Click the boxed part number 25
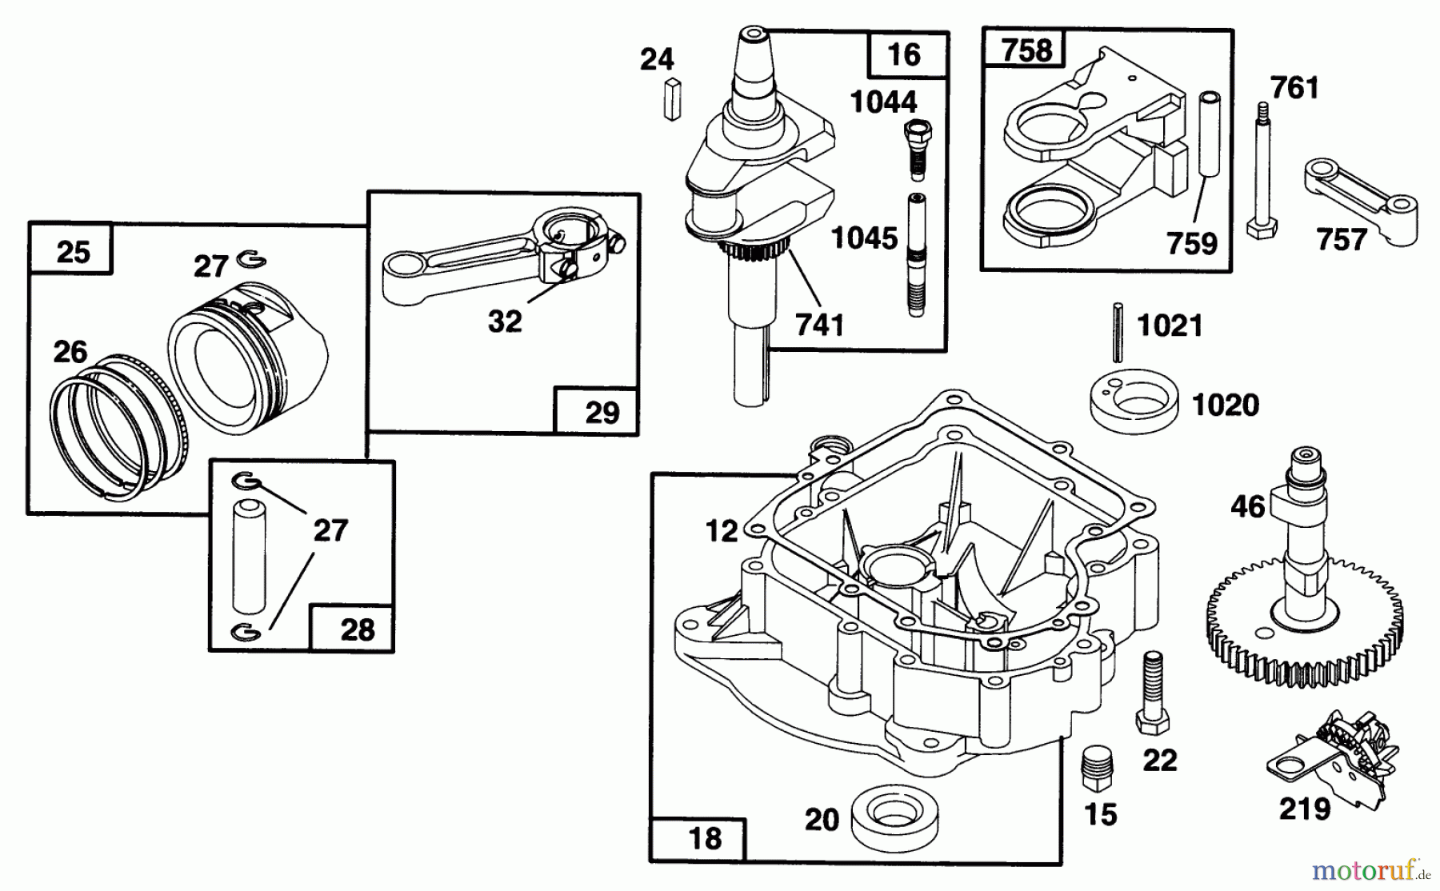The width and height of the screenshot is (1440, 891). click(x=73, y=252)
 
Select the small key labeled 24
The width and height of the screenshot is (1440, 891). click(x=672, y=99)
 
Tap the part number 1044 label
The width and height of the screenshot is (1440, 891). click(x=883, y=102)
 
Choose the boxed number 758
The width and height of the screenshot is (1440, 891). click(x=1026, y=50)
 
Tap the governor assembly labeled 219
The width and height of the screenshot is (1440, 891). click(x=1332, y=752)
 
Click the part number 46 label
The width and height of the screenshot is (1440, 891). click(x=1248, y=506)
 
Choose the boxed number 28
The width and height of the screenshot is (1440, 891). click(x=357, y=629)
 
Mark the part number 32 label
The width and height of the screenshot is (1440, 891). click(x=504, y=322)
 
